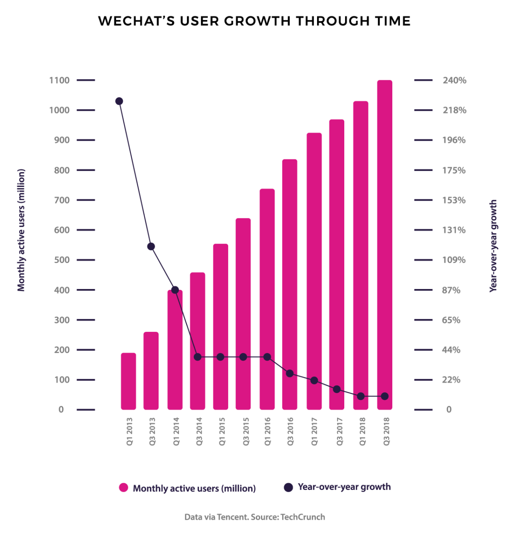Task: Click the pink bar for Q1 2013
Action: pos(128,381)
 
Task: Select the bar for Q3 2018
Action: pos(384,245)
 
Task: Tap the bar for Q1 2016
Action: pos(267,299)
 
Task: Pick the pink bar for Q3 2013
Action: pos(151,371)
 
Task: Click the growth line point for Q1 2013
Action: pos(119,101)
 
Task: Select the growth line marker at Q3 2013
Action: pos(151,246)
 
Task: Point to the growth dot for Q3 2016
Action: pos(289,373)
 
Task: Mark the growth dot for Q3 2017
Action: pos(337,389)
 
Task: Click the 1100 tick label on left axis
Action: pos(59,80)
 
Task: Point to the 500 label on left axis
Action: pos(62,260)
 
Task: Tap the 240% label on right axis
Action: pos(454,80)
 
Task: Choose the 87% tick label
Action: pos(451,290)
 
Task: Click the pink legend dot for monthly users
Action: pos(123,487)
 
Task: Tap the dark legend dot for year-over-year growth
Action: pos(288,487)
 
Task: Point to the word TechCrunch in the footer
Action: pos(303,517)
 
